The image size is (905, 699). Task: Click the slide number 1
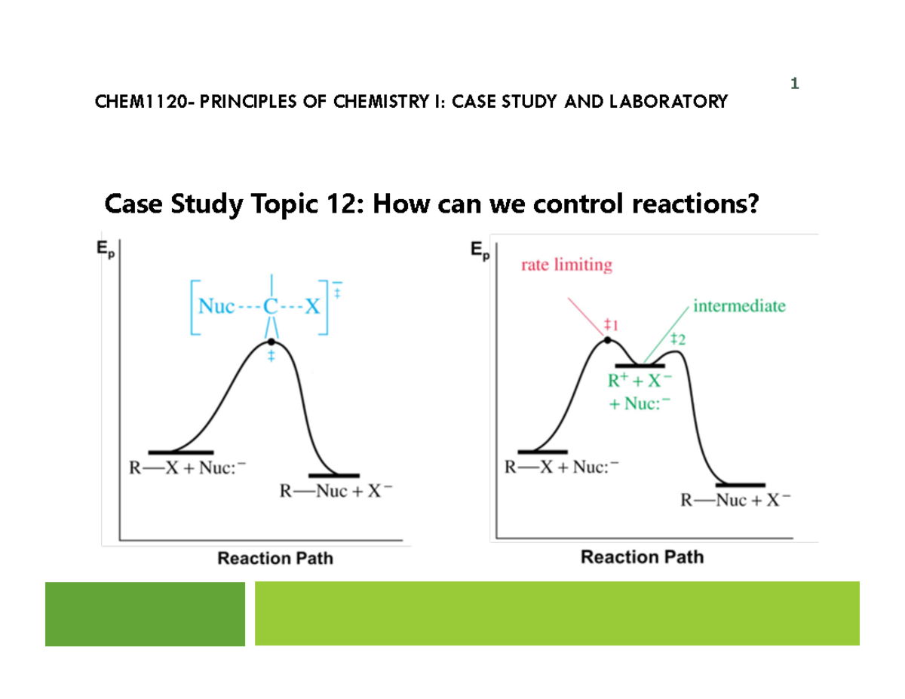pos(794,83)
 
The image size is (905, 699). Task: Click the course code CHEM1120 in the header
pos(140,102)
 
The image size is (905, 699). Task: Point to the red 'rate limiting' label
pos(566,265)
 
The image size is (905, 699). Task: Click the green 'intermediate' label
pos(738,306)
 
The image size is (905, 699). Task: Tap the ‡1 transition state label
pos(612,326)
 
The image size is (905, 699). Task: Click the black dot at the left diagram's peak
pos(271,342)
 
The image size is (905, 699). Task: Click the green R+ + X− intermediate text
pos(639,382)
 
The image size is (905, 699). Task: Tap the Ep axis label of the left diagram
pos(111,252)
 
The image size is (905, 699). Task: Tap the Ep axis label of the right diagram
pos(480,251)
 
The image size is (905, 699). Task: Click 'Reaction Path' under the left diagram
pos(275,559)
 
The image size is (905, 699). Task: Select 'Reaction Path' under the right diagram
pos(642,557)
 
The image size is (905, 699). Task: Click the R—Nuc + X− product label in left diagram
pos(336,492)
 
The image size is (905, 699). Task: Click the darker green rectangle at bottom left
pos(145,614)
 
